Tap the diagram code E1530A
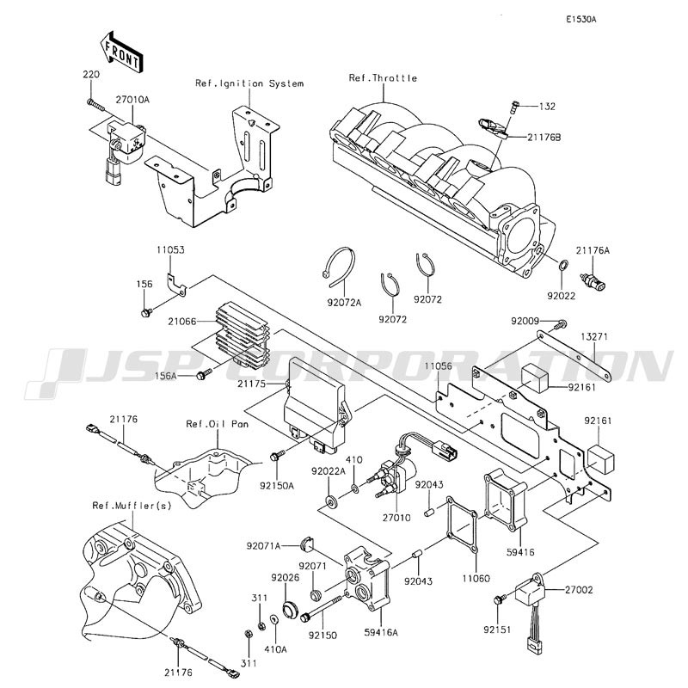click(581, 18)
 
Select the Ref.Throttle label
click(383, 78)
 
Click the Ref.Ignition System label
click(249, 83)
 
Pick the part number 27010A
click(132, 100)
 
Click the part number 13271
click(593, 336)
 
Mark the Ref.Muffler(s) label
click(132, 505)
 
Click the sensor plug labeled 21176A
click(593, 282)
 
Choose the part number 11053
click(170, 249)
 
